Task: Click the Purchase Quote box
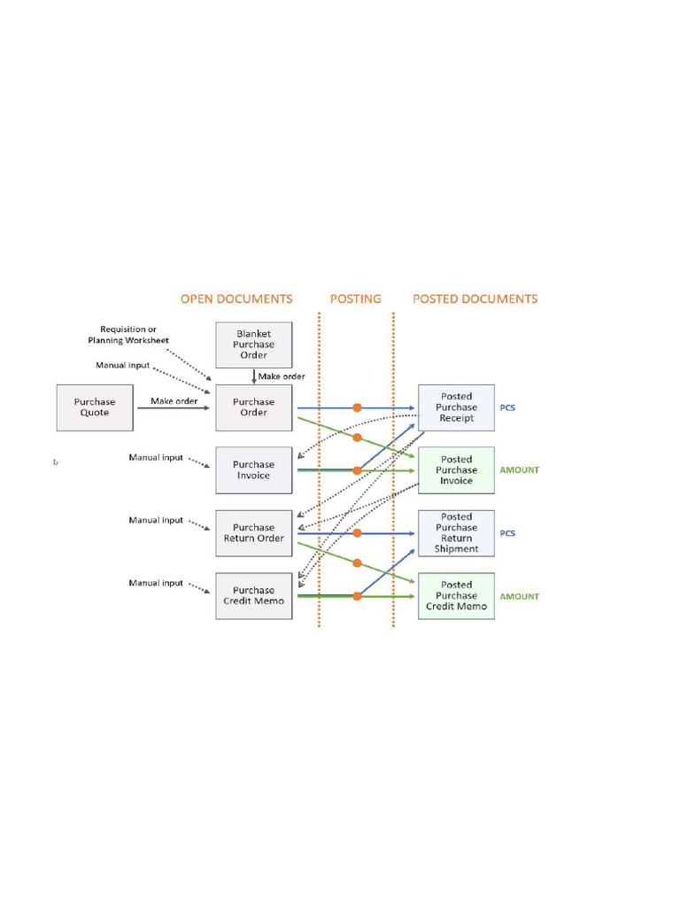point(95,407)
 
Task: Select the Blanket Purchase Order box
point(254,345)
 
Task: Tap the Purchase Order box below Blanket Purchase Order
point(254,407)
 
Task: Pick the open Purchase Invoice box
point(254,470)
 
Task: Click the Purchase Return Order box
point(254,533)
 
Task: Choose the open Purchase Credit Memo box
point(254,596)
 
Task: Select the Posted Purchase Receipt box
point(456,407)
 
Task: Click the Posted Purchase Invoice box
point(456,470)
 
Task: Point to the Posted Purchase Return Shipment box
point(456,533)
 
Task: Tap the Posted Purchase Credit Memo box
point(456,596)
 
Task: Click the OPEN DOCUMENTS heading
point(236,299)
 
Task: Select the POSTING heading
point(356,299)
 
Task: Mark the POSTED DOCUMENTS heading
point(475,299)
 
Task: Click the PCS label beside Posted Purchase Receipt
point(508,407)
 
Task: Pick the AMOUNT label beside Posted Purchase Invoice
point(519,470)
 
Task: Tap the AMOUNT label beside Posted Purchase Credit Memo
point(519,596)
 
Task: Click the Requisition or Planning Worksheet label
point(128,335)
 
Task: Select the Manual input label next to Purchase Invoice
point(156,458)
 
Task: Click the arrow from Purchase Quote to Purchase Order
point(174,408)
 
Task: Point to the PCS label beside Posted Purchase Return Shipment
point(508,533)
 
